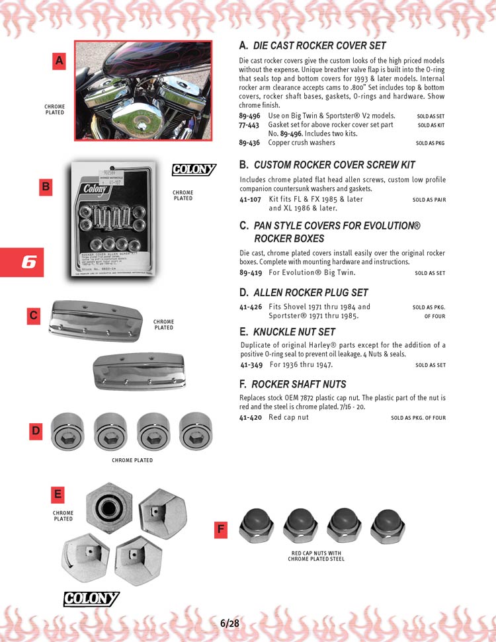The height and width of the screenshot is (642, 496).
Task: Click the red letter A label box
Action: tap(60, 61)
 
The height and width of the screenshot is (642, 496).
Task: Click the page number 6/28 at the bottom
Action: tap(229, 623)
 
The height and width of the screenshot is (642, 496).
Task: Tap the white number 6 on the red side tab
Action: tap(28, 262)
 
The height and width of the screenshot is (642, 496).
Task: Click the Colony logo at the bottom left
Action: tap(91, 599)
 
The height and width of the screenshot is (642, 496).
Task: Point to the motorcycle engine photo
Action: tap(143, 91)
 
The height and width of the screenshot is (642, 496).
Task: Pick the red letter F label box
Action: tap(222, 529)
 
